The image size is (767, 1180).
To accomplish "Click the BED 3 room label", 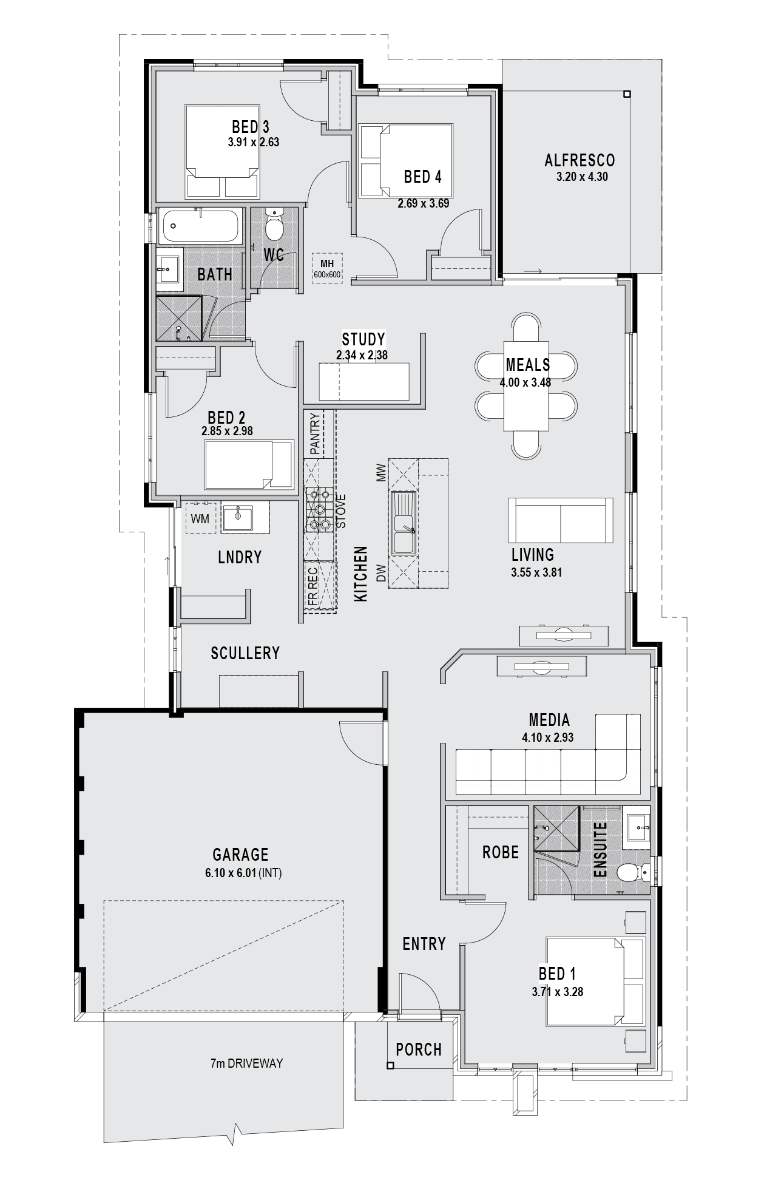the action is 250,127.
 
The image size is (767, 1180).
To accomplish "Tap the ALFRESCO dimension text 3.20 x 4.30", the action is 582,177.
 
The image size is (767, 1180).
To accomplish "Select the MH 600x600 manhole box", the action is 327,267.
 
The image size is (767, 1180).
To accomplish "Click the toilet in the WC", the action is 275,225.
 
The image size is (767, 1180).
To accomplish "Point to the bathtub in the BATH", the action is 201,226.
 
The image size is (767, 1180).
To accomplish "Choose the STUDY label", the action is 363,339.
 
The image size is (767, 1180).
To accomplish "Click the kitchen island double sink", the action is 403,523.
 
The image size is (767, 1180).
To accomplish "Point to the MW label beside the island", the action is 381,472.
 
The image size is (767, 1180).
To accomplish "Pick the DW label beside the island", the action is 381,574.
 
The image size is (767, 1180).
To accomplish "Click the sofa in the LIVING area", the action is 560,520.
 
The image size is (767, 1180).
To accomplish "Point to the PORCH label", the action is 419,1049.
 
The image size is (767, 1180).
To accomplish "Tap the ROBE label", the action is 501,852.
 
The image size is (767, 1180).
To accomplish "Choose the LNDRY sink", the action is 237,517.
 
